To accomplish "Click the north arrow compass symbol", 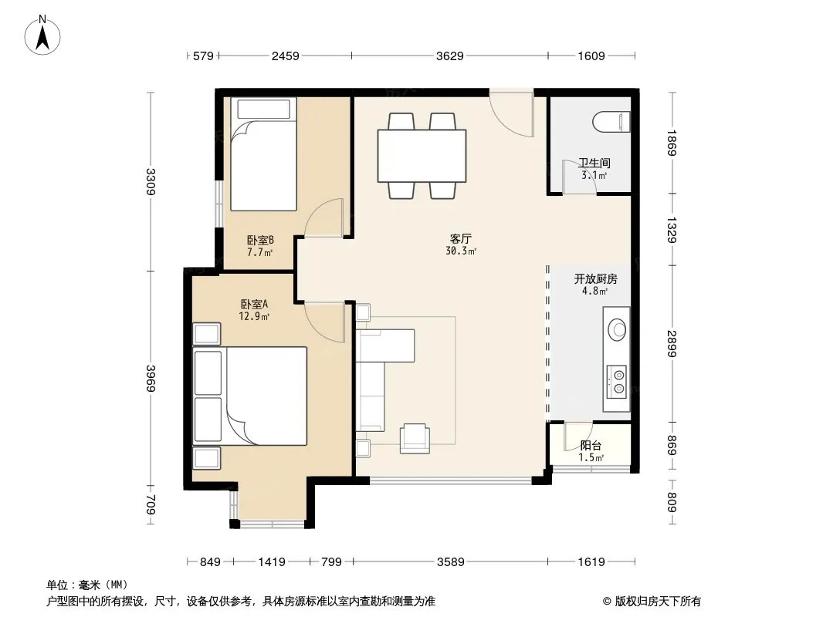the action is [x=42, y=35].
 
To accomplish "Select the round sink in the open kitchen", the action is [x=617, y=329].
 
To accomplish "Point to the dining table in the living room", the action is [x=422, y=156].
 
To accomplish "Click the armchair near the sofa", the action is [x=415, y=438].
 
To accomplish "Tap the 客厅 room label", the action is [x=460, y=238].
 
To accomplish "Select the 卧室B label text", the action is [x=260, y=240].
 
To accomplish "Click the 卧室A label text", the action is [x=254, y=304].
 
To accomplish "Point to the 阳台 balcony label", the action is [x=591, y=446].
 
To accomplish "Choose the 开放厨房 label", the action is [x=595, y=278].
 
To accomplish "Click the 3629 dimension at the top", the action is [x=450, y=56].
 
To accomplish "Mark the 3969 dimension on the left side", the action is [x=151, y=377].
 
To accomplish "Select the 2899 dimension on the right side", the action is [x=672, y=343].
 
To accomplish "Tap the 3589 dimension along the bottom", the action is [x=450, y=562].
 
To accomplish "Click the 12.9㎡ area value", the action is [x=254, y=316].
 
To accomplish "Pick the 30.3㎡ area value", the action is [x=461, y=251].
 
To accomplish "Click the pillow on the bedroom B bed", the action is [x=263, y=109].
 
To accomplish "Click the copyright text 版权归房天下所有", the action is [x=657, y=602].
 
